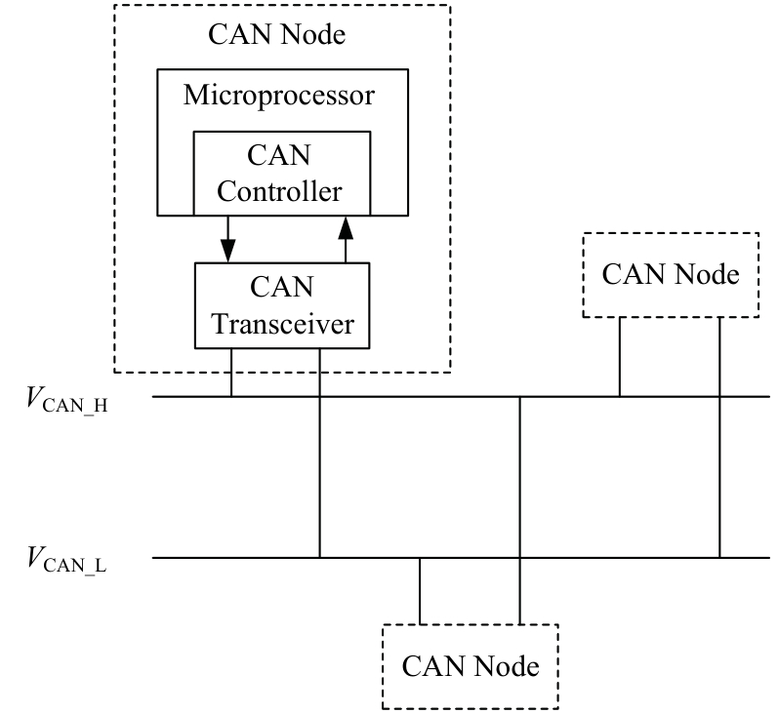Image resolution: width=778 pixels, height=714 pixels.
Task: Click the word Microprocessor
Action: pyautogui.click(x=279, y=98)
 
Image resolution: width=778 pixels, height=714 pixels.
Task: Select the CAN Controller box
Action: pyautogui.click(x=281, y=173)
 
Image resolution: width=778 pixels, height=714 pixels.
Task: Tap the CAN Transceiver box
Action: pyautogui.click(x=283, y=304)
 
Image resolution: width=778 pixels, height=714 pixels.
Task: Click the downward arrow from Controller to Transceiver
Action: pyautogui.click(x=228, y=238)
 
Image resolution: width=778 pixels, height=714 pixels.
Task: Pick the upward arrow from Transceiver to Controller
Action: pyautogui.click(x=344, y=239)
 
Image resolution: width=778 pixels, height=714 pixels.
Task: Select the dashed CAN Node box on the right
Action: pyautogui.click(x=670, y=275)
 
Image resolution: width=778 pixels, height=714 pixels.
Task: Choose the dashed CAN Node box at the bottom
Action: pyautogui.click(x=470, y=667)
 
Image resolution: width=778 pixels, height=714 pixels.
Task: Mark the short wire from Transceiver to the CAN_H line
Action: pyautogui.click(x=231, y=372)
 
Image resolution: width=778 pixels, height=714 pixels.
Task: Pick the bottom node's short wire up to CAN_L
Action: pyautogui.click(x=420, y=592)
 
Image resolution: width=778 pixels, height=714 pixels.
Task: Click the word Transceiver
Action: pyautogui.click(x=283, y=323)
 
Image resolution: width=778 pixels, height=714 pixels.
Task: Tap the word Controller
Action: pyautogui.click(x=280, y=190)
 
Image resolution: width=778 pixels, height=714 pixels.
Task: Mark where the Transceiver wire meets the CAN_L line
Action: pyautogui.click(x=320, y=558)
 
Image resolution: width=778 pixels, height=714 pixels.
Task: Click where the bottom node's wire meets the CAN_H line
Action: pyautogui.click(x=519, y=396)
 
